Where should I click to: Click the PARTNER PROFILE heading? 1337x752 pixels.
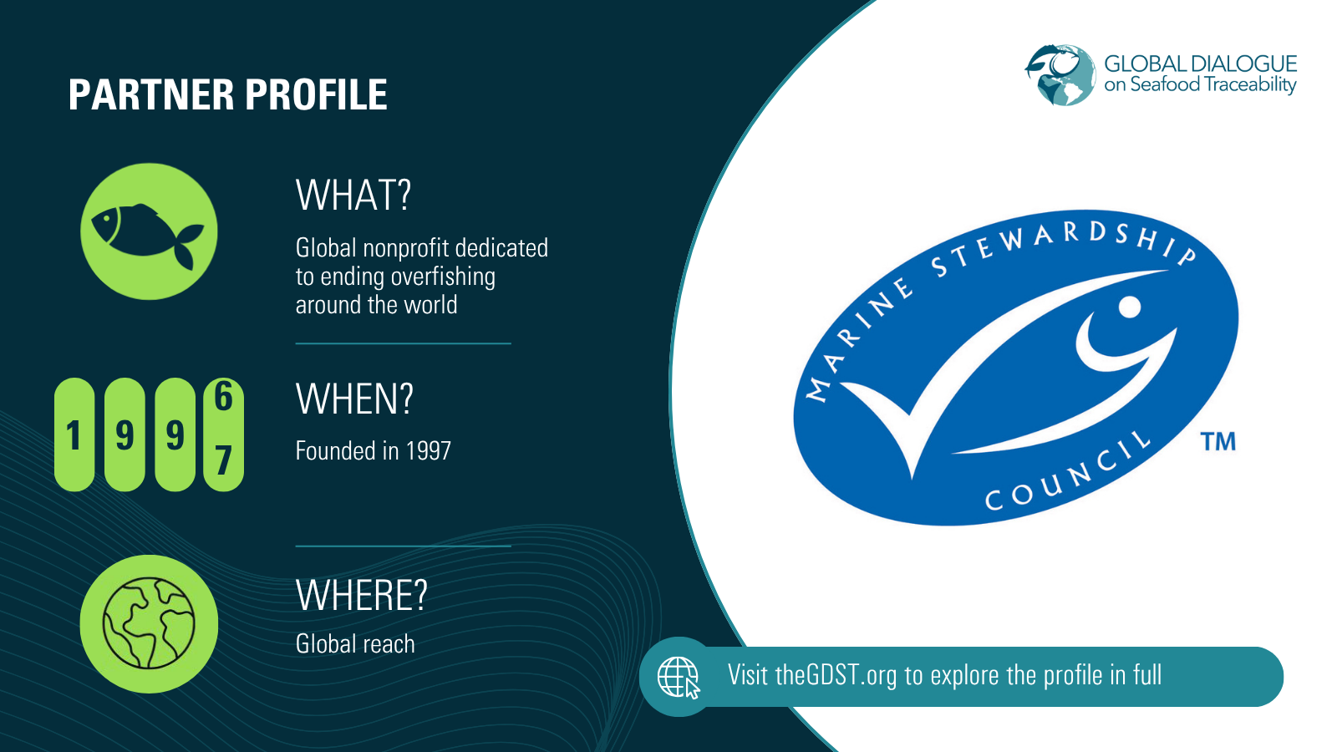click(x=227, y=95)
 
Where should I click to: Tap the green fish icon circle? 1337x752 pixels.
click(x=149, y=231)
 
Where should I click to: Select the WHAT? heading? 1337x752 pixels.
click(x=353, y=196)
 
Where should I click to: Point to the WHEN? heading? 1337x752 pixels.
click(x=354, y=399)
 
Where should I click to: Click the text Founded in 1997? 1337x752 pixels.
click(x=373, y=451)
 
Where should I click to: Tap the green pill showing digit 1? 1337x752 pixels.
click(x=74, y=434)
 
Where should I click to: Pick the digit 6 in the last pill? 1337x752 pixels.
click(x=223, y=396)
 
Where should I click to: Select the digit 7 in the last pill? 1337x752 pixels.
click(x=223, y=460)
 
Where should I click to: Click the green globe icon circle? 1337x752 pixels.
click(x=149, y=623)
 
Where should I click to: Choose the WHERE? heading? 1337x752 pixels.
click(x=361, y=596)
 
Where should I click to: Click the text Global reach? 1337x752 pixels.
click(x=355, y=644)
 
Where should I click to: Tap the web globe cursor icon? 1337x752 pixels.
click(x=679, y=677)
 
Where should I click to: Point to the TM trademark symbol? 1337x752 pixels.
click(x=1218, y=441)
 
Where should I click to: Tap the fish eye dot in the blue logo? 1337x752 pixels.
click(x=1129, y=307)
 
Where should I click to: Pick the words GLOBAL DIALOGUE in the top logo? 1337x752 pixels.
click(x=1200, y=64)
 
